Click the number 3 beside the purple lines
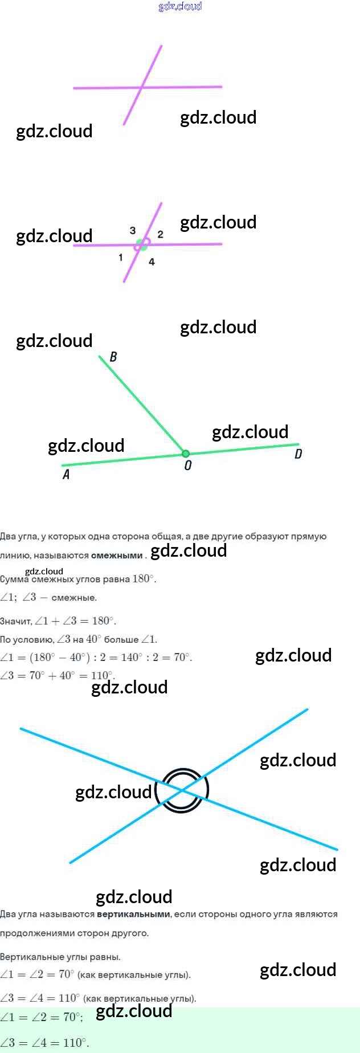click(x=133, y=231)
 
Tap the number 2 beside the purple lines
click(x=161, y=234)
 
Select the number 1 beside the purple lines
click(x=121, y=258)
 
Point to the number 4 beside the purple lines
click(x=152, y=262)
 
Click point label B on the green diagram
click(x=113, y=357)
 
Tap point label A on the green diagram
click(x=66, y=475)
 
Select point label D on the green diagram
click(x=298, y=454)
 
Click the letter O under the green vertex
click(x=188, y=466)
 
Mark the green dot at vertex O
click(x=186, y=454)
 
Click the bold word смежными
click(x=117, y=556)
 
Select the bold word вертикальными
click(x=133, y=914)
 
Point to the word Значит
click(x=15, y=621)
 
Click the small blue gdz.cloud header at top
click(x=180, y=6)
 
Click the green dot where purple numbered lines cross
click(x=141, y=244)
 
